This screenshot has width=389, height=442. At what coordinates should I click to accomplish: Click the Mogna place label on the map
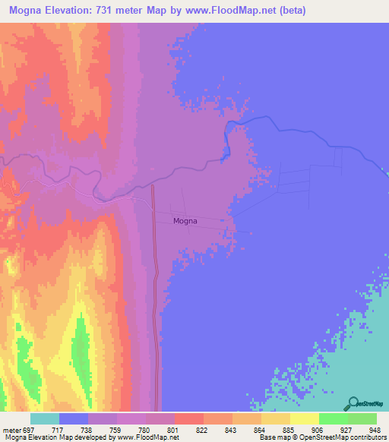click(185, 221)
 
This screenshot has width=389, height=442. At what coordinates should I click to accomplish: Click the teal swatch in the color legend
click(45, 418)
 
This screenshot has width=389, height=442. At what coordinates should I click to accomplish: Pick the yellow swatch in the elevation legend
click(305, 418)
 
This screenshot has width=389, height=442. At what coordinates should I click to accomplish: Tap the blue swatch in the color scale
click(74, 418)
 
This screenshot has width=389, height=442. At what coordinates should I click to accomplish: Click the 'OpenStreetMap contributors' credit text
click(345, 437)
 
